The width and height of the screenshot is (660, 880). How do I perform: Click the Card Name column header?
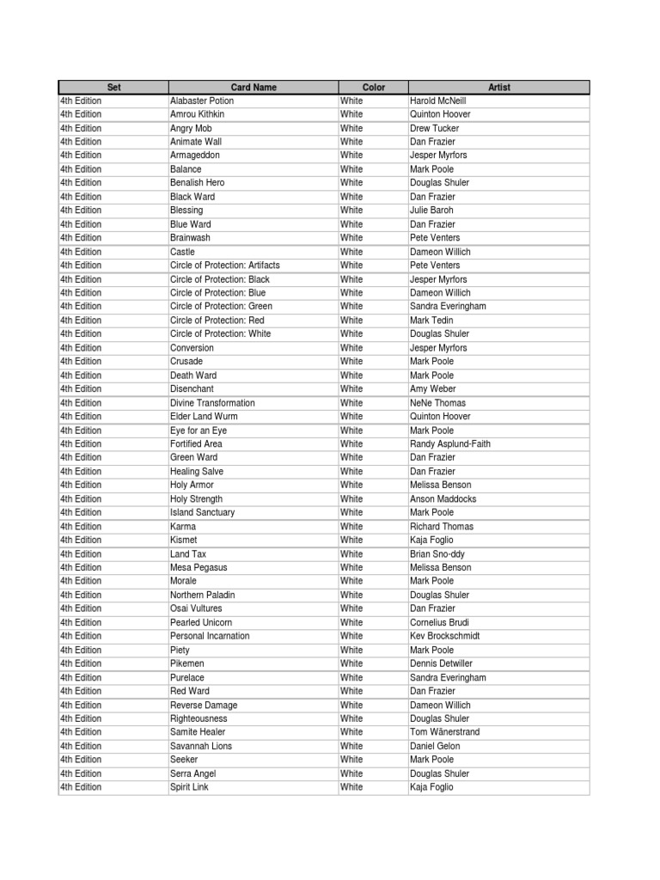pos(254,87)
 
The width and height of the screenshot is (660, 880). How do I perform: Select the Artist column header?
pos(498,87)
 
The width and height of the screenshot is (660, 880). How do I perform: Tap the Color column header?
pos(374,87)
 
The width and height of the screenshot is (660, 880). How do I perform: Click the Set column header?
pos(113,87)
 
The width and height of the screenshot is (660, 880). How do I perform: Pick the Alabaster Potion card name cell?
pos(202,101)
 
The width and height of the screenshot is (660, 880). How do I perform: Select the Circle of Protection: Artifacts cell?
pos(225,266)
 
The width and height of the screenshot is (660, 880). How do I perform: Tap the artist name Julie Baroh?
pos(431,211)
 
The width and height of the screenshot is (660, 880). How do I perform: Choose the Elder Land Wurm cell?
pos(204,417)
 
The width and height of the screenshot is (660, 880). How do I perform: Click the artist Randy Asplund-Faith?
pos(450,444)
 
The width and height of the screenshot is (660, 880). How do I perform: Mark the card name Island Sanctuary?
pos(202,513)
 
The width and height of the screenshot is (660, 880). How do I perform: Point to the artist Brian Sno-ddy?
pos(437,554)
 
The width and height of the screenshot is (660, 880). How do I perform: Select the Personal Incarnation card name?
pos(210,636)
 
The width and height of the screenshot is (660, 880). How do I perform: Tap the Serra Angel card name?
pos(193,773)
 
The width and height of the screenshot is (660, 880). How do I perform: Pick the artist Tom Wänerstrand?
pos(445,732)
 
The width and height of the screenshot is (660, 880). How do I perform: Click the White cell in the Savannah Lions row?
pos(351,746)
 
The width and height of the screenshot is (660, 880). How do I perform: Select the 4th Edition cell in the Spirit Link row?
pos(81,787)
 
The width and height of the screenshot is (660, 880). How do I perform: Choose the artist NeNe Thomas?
pos(437,403)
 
